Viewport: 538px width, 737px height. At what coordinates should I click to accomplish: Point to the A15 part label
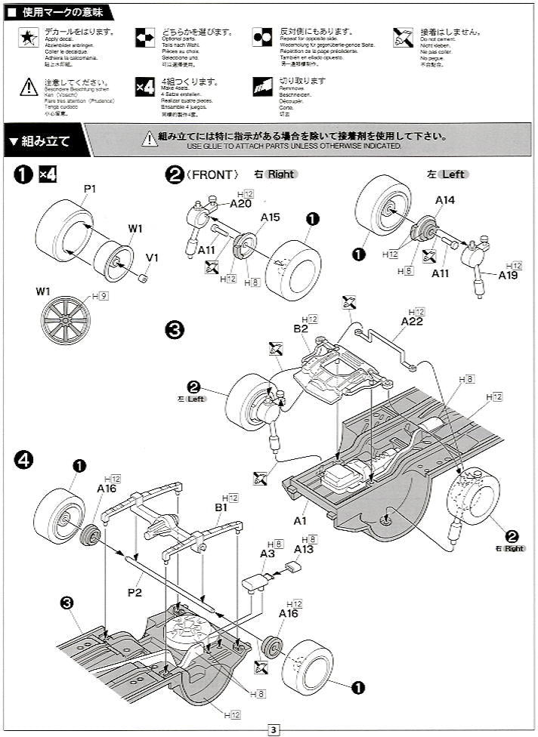click(x=271, y=217)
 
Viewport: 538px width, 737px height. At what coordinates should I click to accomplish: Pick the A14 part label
click(x=445, y=200)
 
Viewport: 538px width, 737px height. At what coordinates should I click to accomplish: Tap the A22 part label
click(x=412, y=321)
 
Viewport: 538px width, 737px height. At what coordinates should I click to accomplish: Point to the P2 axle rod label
click(x=134, y=593)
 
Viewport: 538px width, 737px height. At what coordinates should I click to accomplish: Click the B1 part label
click(x=221, y=508)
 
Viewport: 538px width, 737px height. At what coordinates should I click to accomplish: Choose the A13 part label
click(x=304, y=549)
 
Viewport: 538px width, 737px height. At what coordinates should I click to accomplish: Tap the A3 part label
click(x=267, y=554)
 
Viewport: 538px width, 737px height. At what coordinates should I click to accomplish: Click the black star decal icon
click(x=27, y=38)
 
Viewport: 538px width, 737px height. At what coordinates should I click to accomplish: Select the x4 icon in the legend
click(x=144, y=85)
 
